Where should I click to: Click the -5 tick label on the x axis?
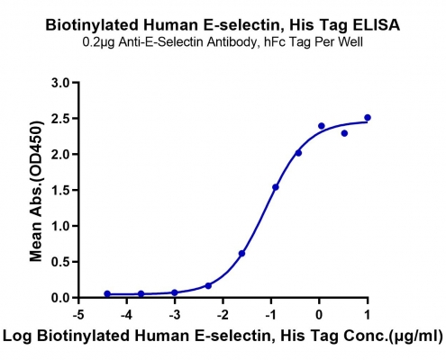tap(78, 315)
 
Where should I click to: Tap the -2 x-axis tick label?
tap(223, 315)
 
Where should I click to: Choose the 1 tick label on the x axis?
tap(368, 315)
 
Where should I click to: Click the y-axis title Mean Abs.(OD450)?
tap(36, 191)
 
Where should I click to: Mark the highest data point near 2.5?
tap(368, 117)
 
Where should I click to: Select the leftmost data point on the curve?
tap(107, 293)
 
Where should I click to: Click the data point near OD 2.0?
tap(298, 153)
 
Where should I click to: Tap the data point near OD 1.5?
tap(276, 187)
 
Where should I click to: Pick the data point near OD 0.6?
tap(241, 254)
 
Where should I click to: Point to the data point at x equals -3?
tap(175, 292)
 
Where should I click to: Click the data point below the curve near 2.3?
tap(344, 133)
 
